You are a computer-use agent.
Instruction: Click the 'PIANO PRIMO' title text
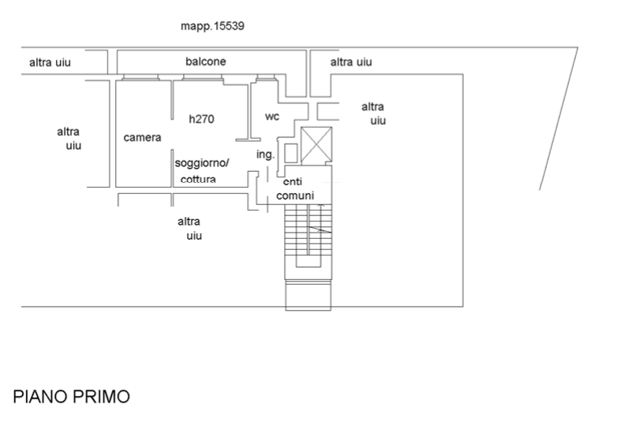click(72, 397)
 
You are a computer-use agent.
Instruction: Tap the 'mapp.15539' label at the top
click(212, 26)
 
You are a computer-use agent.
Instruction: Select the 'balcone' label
click(206, 62)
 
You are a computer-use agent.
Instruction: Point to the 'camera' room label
click(143, 137)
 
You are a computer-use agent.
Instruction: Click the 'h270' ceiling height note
click(202, 119)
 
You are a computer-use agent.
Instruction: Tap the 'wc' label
click(272, 117)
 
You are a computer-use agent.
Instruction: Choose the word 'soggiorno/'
click(203, 162)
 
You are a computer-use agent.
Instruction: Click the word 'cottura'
click(198, 179)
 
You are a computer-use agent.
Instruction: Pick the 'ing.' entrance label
click(263, 154)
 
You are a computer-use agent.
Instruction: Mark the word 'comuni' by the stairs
click(295, 196)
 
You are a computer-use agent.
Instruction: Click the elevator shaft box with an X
click(317, 144)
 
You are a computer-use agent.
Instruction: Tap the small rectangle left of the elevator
click(291, 152)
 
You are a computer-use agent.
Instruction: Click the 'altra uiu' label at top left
click(50, 62)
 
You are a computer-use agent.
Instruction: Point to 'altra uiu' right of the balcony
click(351, 62)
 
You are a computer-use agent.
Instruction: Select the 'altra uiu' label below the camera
click(190, 228)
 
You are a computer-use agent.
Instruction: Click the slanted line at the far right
click(559, 118)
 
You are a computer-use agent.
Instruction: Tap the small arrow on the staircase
click(319, 229)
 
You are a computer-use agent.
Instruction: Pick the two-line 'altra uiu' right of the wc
click(374, 114)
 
